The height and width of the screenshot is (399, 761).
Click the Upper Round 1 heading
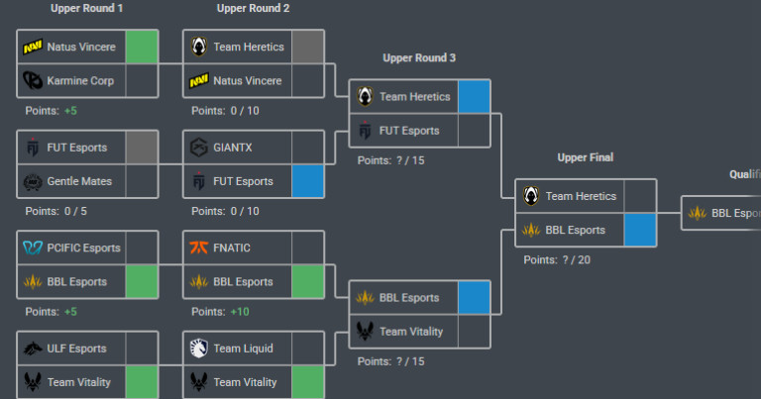coord(87,9)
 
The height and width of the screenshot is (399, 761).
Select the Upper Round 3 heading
coord(419,58)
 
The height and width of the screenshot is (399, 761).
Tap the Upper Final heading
coord(585,157)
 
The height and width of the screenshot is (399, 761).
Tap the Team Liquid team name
coord(244,349)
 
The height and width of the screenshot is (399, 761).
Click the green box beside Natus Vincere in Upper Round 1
coord(142,47)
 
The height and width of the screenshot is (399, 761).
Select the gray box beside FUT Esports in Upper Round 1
coord(142,148)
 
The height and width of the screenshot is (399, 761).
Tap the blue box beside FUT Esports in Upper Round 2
coord(308,181)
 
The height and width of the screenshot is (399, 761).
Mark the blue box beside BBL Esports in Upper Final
coord(640,230)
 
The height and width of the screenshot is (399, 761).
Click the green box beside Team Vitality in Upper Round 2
coord(308,382)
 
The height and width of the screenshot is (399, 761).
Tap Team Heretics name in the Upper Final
coord(581,196)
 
